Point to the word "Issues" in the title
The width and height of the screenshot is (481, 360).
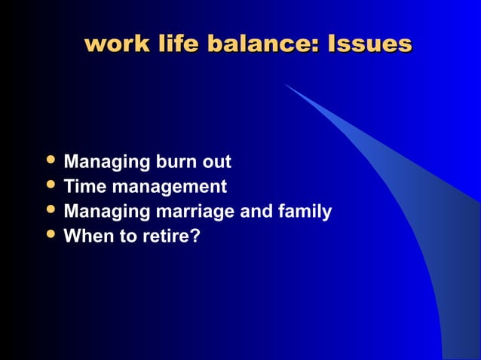tap(369, 43)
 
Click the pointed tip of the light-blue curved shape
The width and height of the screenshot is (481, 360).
tap(286, 84)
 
